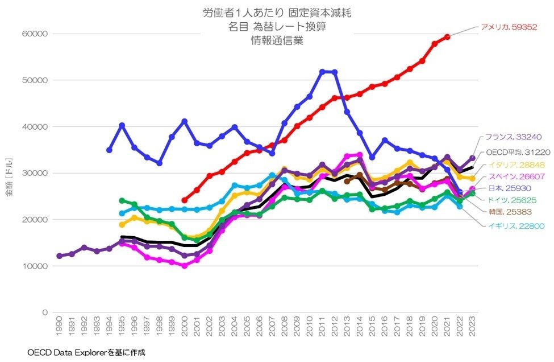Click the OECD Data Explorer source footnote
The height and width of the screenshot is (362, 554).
point(86,353)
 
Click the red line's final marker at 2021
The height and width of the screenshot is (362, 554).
point(447,36)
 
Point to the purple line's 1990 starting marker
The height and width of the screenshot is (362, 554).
point(59,256)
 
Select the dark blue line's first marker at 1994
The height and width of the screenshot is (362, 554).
point(109,150)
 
